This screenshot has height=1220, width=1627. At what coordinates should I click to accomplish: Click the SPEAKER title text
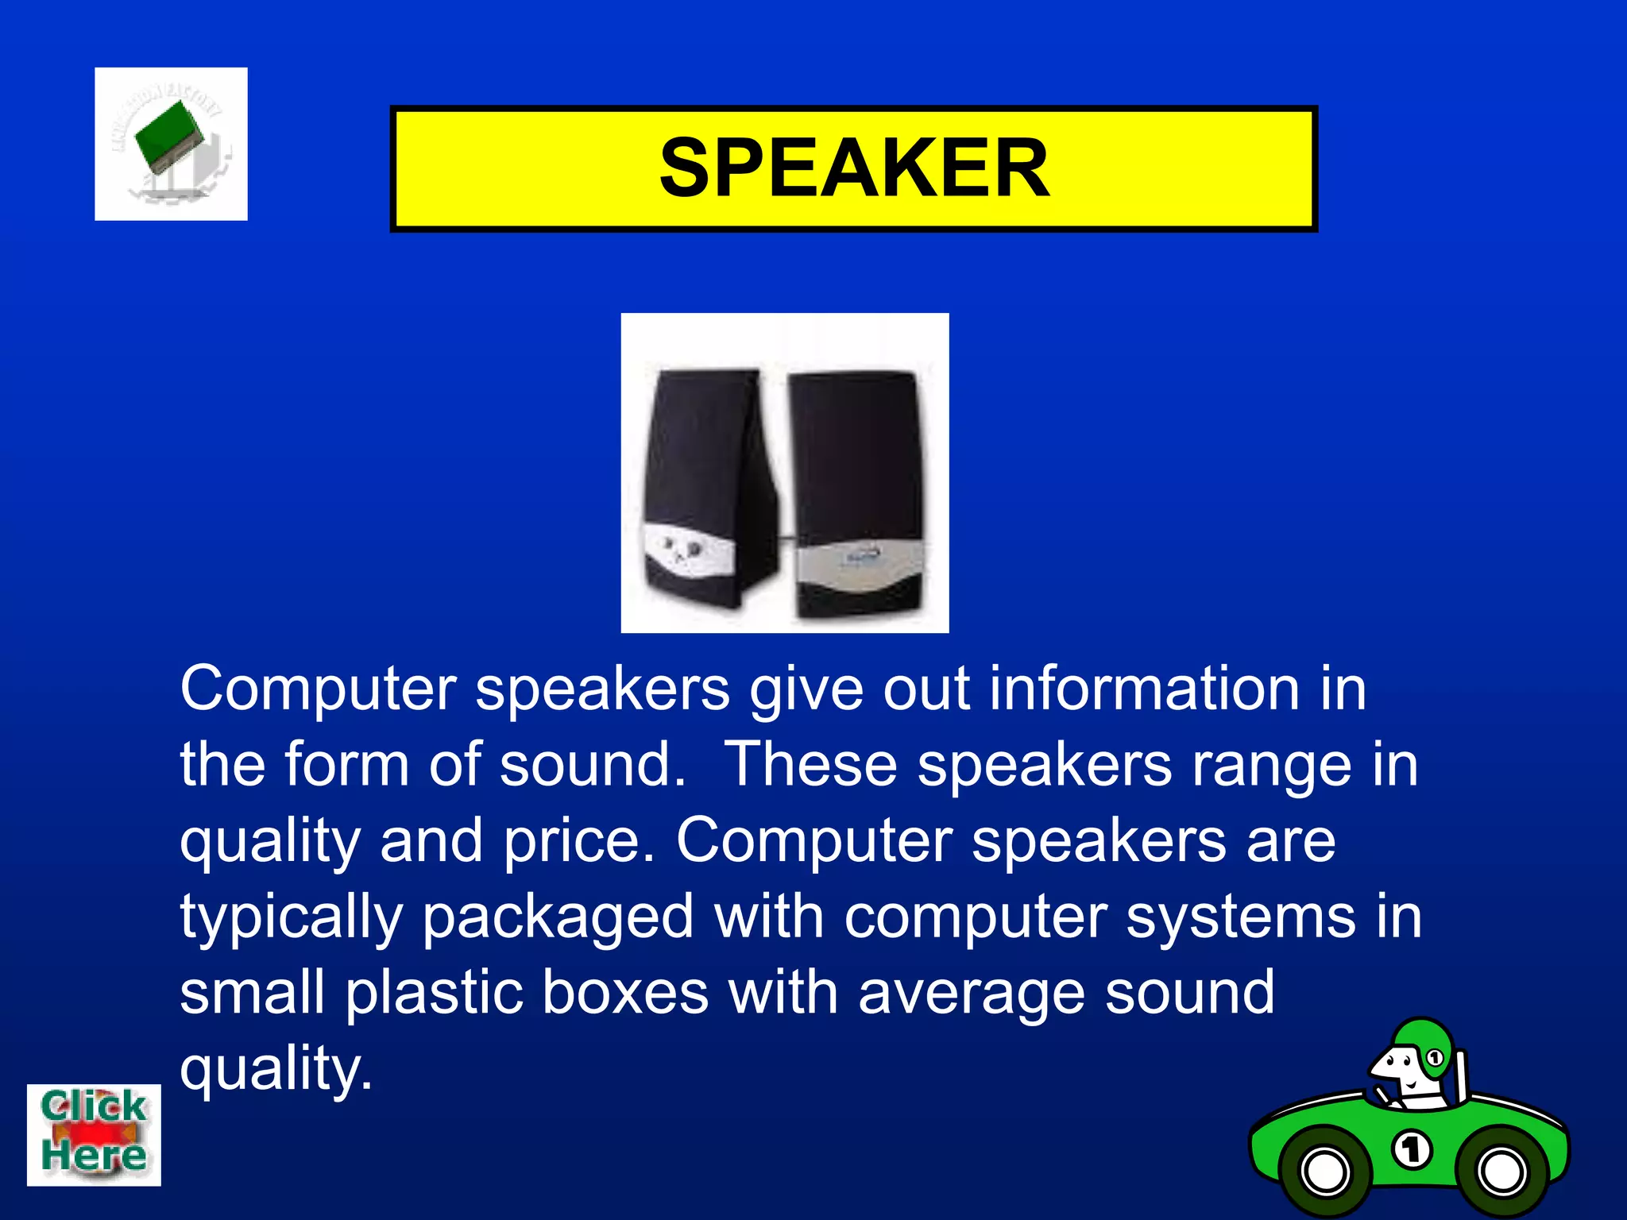[854, 168]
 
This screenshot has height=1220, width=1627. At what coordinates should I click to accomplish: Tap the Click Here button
[94, 1134]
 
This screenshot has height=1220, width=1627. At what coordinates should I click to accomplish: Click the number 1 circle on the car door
[1412, 1150]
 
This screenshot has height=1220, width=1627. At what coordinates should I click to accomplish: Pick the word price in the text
[580, 841]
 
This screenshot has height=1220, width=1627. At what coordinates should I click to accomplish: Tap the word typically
[291, 917]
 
